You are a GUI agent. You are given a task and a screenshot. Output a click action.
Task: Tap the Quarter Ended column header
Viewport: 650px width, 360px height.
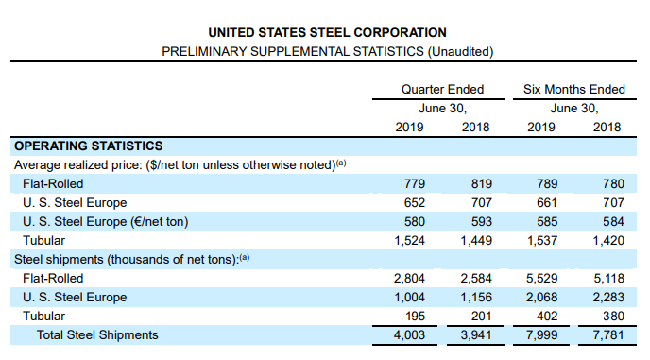(442, 89)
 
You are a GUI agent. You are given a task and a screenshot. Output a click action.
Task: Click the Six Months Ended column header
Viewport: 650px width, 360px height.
(573, 89)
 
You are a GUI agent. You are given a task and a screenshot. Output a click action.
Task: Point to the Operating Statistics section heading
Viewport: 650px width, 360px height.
(88, 146)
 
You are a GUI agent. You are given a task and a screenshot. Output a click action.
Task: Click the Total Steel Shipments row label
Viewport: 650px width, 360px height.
(97, 334)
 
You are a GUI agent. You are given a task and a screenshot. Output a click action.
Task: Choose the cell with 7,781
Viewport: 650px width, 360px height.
(606, 334)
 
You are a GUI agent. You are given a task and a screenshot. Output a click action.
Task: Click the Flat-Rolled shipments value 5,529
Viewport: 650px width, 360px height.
(540, 278)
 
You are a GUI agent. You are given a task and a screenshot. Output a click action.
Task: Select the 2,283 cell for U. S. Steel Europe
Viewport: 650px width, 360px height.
(606, 297)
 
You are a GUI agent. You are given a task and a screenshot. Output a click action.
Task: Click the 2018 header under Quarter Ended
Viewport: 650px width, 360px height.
(475, 127)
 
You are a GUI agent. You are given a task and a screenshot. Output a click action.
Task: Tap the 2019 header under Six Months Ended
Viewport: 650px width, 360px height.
(541, 127)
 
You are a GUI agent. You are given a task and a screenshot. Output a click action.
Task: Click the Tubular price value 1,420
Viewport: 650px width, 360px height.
(606, 240)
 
